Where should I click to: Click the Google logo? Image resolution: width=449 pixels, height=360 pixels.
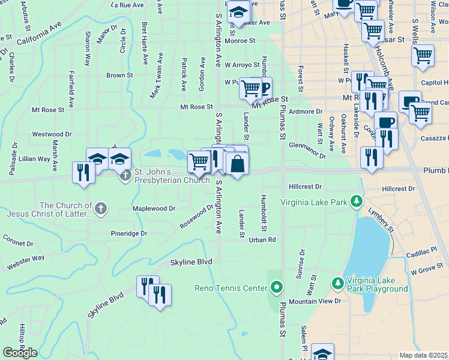click(20, 353)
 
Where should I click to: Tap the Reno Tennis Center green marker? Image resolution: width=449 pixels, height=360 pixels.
click(276, 289)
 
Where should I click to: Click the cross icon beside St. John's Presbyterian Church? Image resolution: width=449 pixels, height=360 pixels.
click(125, 176)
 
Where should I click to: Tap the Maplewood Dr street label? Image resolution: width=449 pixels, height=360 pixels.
click(154, 209)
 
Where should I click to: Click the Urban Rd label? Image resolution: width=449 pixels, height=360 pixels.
click(262, 239)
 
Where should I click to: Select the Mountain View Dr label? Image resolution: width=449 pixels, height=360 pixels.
click(314, 301)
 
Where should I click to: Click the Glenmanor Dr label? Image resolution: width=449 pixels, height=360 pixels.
click(307, 150)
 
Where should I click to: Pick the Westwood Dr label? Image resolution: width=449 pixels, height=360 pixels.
click(52, 134)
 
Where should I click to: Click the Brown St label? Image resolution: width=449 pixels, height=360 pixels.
click(119, 76)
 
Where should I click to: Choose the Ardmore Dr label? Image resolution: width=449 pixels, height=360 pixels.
click(306, 112)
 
